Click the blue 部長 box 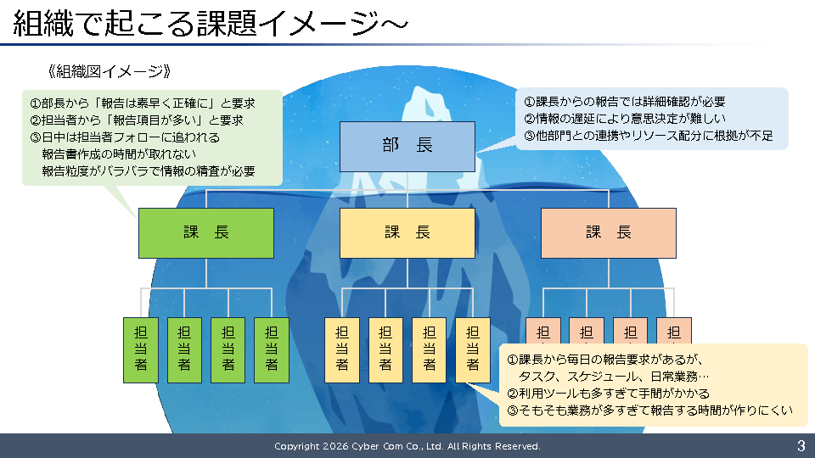407,147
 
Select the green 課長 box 205,233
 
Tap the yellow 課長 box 407,233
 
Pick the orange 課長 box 608,233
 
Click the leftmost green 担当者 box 141,350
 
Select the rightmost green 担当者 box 272,350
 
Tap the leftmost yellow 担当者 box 342,350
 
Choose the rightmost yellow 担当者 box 473,350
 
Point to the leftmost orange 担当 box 543,331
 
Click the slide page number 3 801,445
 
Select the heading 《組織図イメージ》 110,71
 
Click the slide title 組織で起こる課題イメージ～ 211,24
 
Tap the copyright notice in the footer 407,446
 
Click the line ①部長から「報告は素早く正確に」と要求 143,103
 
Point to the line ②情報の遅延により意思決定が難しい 624,119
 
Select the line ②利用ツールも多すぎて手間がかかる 608,394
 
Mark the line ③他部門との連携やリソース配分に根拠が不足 648,136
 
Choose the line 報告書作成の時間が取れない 119,154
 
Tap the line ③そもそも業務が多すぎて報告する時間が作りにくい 649,411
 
